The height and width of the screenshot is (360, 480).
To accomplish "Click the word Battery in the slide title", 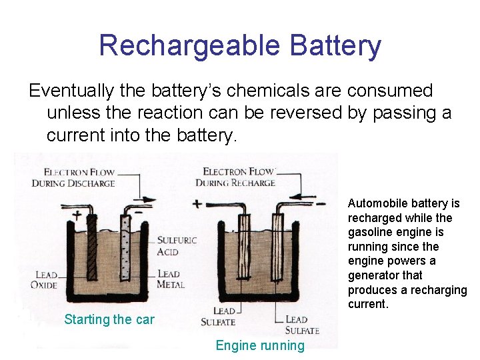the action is coord(335,46).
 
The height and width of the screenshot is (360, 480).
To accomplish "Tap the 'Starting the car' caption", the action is coord(109,319).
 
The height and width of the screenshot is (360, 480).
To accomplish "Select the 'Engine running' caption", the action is coord(260,345).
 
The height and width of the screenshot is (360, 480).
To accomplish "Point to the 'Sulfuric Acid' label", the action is coord(177,245).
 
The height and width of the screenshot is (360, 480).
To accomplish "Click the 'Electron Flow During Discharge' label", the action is coord(73,177).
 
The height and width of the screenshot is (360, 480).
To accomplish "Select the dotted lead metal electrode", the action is coord(124,247).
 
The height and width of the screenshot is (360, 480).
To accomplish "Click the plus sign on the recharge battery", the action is coord(197,203).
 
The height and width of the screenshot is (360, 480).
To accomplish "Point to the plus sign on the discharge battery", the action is coord(77,215).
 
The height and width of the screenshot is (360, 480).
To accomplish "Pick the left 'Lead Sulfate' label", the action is coord(219,317).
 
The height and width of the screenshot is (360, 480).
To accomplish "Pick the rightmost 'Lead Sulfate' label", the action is coord(301,325).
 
